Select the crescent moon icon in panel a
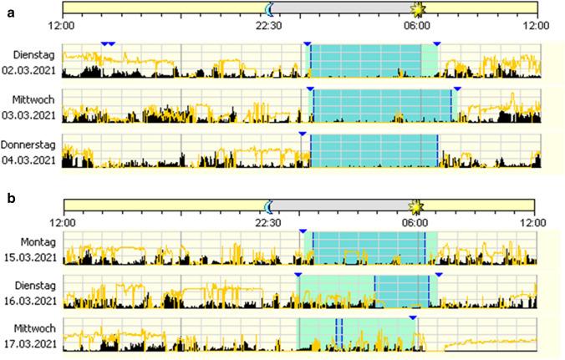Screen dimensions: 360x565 click(x=269, y=8)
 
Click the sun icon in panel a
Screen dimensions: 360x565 click(x=417, y=8)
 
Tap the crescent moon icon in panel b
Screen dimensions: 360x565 click(x=269, y=205)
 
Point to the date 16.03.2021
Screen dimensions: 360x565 click(x=30, y=301)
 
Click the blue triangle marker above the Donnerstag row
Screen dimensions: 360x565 click(x=303, y=133)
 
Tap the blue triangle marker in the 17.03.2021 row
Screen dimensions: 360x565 click(x=413, y=317)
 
